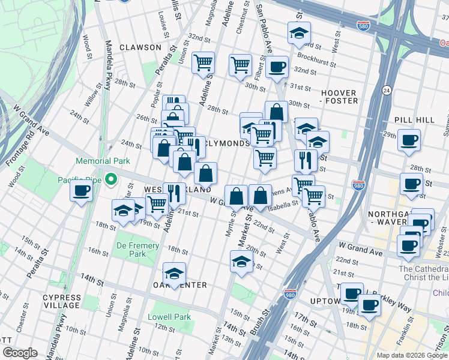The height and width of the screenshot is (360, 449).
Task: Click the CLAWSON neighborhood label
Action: (x=140, y=47)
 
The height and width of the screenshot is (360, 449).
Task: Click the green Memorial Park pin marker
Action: (x=111, y=179)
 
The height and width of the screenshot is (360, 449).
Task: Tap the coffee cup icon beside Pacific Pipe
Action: (x=81, y=191)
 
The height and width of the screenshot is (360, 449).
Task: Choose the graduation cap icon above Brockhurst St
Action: (x=298, y=33)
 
